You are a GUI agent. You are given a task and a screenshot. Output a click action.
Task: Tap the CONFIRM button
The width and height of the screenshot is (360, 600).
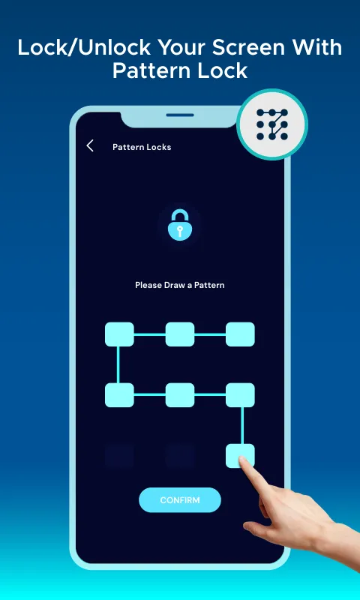180,499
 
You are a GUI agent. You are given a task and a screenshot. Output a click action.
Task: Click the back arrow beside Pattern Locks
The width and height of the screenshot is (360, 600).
90,145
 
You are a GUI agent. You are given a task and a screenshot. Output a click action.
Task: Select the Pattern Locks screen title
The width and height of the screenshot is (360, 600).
142,147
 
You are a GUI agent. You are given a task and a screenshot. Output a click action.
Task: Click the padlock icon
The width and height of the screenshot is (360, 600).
180,224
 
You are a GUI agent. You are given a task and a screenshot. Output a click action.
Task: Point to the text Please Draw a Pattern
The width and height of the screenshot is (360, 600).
180,285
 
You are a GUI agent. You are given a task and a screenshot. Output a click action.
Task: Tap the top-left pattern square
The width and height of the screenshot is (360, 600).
119,334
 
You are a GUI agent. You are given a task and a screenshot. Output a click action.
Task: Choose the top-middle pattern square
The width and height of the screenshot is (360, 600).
180,334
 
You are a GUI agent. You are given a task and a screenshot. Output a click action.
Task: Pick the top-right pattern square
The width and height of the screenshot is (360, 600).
240,334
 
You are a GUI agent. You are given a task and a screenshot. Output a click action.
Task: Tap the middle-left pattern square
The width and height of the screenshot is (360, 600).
119,395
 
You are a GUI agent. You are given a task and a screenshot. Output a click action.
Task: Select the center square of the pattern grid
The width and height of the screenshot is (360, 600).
180,395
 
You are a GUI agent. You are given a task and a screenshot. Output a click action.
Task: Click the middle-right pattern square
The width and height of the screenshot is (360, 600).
240,395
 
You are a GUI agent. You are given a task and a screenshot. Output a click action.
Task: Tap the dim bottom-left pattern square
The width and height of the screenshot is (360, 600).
119,456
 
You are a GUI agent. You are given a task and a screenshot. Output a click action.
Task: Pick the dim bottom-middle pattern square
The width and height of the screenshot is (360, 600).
180,456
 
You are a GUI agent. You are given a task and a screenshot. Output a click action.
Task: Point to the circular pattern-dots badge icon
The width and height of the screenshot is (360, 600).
272,124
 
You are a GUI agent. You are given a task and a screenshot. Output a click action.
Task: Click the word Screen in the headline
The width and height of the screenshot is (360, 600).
245,48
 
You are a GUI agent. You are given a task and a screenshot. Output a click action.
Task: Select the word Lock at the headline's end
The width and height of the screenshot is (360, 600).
226,71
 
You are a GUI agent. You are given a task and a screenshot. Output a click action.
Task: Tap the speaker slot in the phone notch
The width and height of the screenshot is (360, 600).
180,115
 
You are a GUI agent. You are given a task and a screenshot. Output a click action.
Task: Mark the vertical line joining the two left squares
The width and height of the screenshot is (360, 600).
118,364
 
